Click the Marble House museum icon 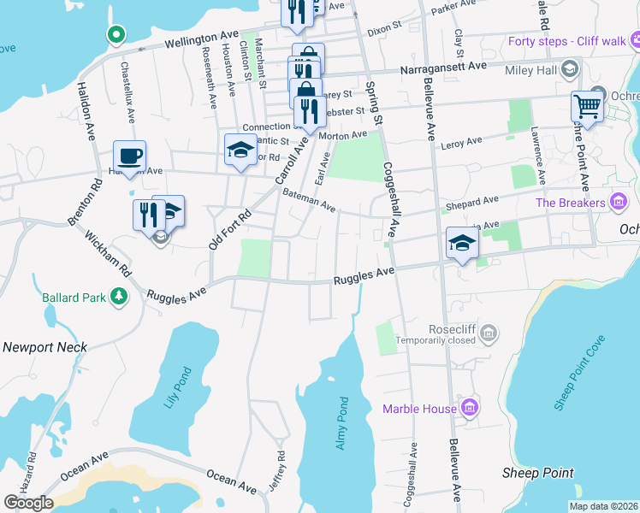point(469,409)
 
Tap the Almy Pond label point(342,423)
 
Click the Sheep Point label point(537,473)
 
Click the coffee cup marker point(129,156)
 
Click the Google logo point(28,503)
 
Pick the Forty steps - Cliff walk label point(566,40)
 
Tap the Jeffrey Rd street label point(276,470)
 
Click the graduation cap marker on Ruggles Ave point(461,243)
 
